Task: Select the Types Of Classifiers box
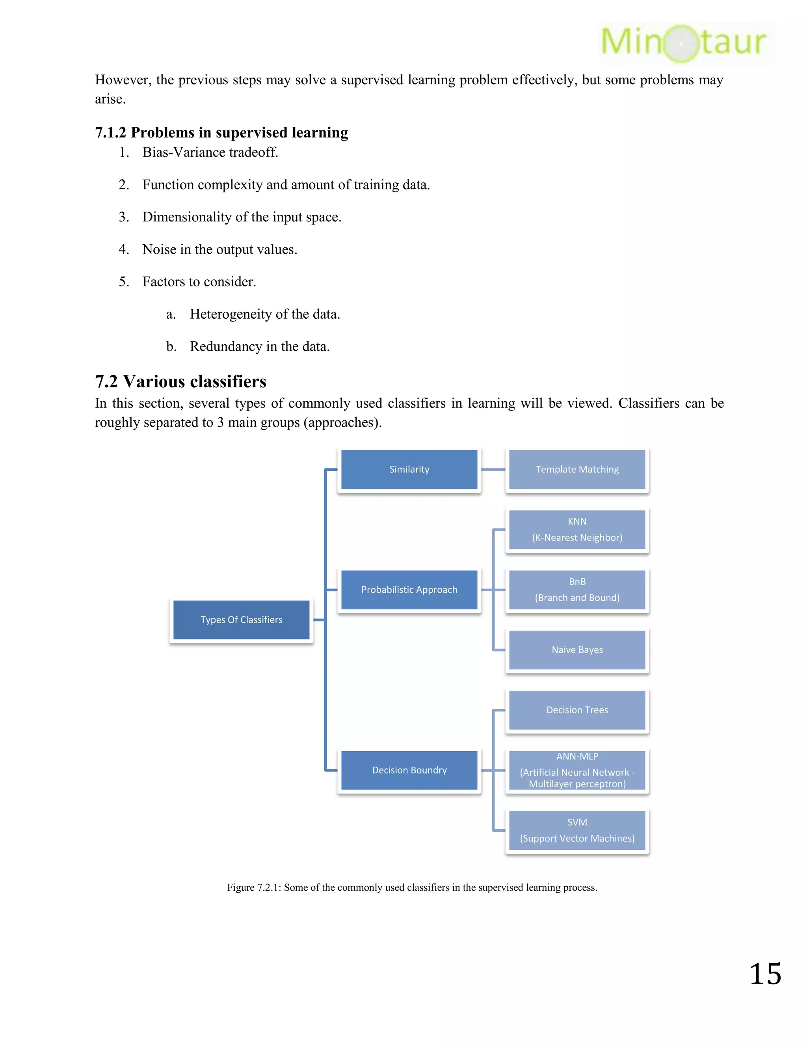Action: click(x=242, y=620)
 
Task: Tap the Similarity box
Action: click(x=409, y=470)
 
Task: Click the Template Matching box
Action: click(x=577, y=470)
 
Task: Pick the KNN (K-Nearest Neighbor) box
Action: click(x=577, y=529)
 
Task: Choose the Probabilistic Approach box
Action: click(x=409, y=590)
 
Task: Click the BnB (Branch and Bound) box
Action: click(x=577, y=590)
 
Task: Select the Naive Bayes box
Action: click(x=577, y=650)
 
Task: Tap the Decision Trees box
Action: click(x=577, y=710)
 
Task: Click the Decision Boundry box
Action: click(x=409, y=770)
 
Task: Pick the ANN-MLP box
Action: click(x=577, y=770)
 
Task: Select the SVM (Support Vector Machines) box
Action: click(x=577, y=830)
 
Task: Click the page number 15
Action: click(x=765, y=974)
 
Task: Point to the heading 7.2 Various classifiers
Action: click(x=181, y=381)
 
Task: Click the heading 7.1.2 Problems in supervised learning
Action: click(x=221, y=132)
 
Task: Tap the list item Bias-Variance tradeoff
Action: click(x=210, y=152)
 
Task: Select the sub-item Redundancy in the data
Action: click(x=260, y=347)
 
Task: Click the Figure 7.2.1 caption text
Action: click(x=412, y=888)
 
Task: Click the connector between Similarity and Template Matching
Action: click(x=493, y=470)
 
